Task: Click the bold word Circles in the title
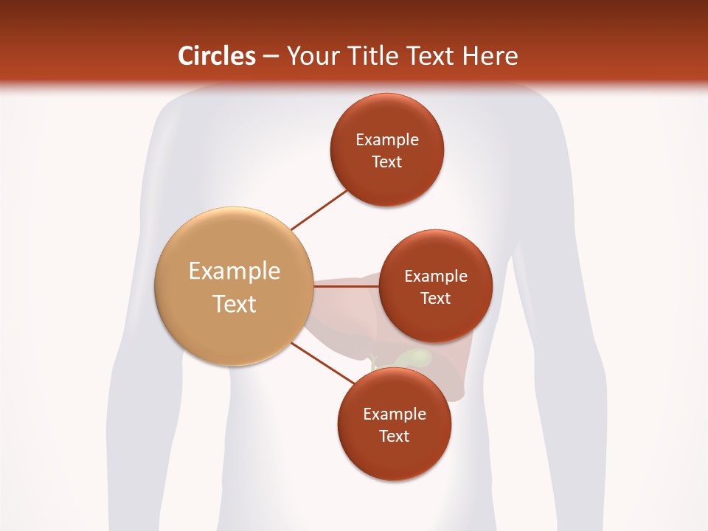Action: click(216, 56)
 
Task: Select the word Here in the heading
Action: click(490, 56)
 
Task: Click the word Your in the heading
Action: click(311, 56)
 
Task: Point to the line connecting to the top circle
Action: click(319, 210)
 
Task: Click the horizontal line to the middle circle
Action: click(345, 286)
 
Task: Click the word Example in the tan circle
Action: click(234, 271)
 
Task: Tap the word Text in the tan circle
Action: click(234, 304)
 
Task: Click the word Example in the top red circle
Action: click(386, 139)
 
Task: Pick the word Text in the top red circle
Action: click(386, 162)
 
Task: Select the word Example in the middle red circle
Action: click(435, 276)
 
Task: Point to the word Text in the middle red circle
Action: click(435, 298)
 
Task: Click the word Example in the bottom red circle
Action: click(394, 414)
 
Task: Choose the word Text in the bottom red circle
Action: click(394, 436)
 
